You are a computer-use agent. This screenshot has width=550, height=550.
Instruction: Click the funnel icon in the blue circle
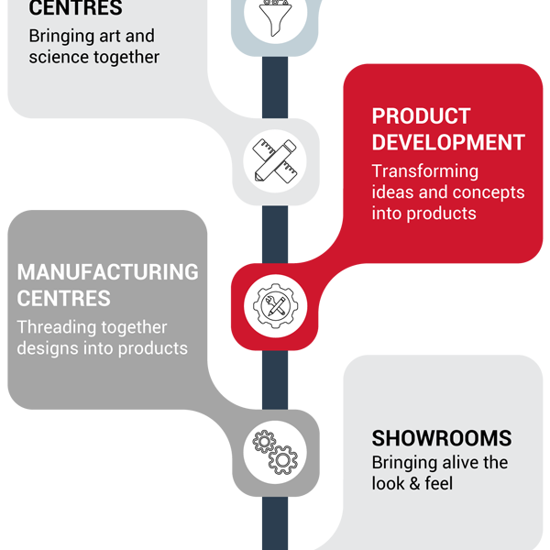point(275,17)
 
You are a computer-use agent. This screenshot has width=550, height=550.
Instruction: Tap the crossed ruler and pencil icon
point(275,160)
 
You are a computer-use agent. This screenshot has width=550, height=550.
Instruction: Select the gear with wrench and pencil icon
point(275,306)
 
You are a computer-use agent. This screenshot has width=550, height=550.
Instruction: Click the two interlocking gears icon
point(275,452)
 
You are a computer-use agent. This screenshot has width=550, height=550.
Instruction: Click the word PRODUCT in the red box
point(421,116)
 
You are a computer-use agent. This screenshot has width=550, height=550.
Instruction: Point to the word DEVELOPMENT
point(448,142)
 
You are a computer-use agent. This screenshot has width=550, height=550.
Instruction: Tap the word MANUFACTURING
point(107,272)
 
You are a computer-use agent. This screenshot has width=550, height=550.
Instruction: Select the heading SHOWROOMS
point(442,438)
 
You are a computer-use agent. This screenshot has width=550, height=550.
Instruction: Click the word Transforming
point(425,171)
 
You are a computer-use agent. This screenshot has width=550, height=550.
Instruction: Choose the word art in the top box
point(110,36)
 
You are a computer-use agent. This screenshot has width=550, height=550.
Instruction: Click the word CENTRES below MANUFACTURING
point(64,299)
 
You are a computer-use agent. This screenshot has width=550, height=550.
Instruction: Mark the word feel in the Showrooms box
point(439,483)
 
